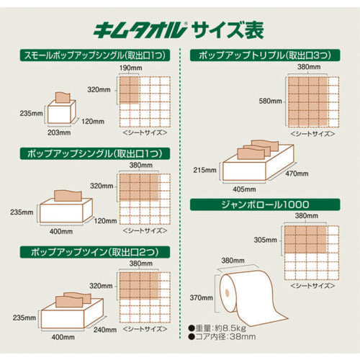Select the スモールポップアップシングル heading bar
coord(90,55)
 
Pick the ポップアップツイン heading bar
coord(90,251)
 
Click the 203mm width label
coord(58,132)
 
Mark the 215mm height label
coord(204,171)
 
